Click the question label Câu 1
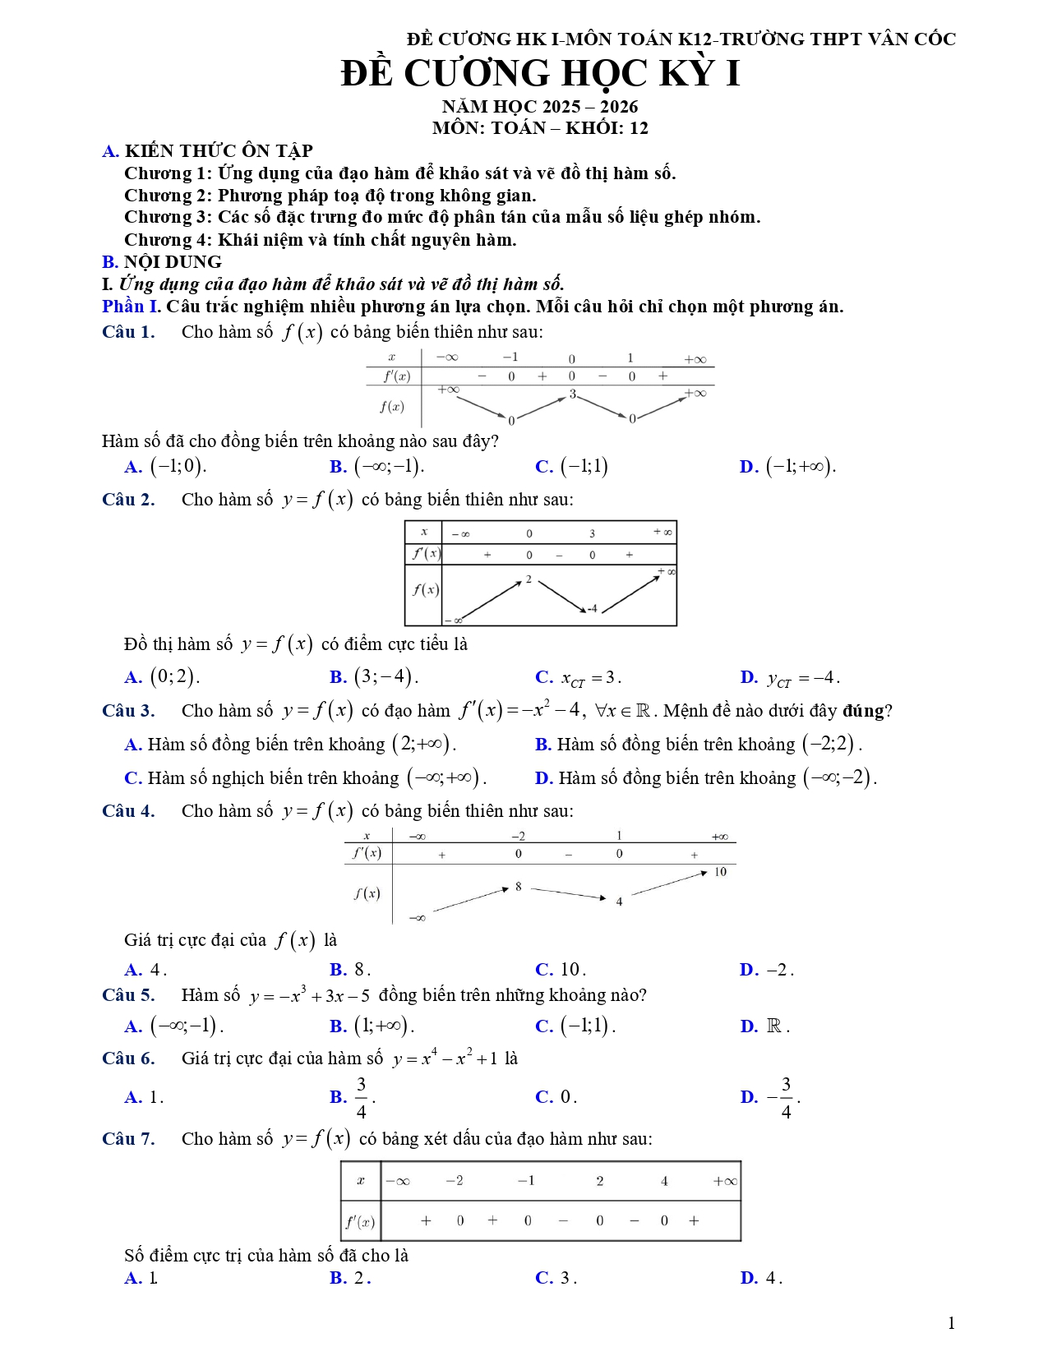(x=128, y=332)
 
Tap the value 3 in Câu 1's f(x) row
(x=573, y=394)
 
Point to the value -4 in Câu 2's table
(x=592, y=609)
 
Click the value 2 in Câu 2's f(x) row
(x=529, y=579)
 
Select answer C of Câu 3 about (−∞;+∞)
(x=305, y=777)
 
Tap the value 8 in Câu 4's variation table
(x=519, y=887)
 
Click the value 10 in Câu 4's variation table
(x=720, y=872)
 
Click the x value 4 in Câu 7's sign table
(x=664, y=1181)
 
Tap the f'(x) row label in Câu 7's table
(x=360, y=1221)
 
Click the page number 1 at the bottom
(x=951, y=1323)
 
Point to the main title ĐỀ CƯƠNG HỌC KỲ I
(x=540, y=74)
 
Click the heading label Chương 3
(x=168, y=217)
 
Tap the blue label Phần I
(x=130, y=307)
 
